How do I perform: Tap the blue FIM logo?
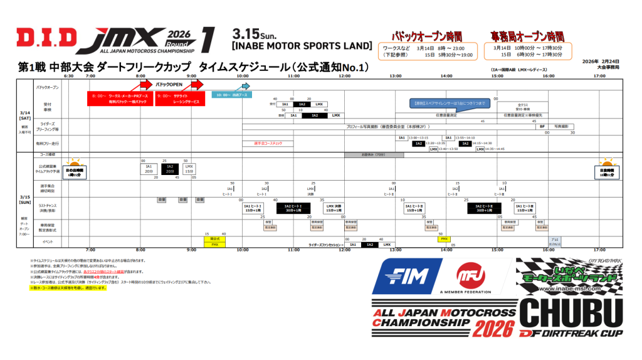(405, 277)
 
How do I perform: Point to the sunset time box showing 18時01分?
(606, 171)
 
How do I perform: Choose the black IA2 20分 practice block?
(169, 168)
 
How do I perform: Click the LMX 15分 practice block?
(189, 168)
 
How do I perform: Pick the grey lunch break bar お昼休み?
(369, 154)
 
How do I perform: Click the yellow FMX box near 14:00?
(444, 239)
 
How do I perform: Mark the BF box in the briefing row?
(542, 126)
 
